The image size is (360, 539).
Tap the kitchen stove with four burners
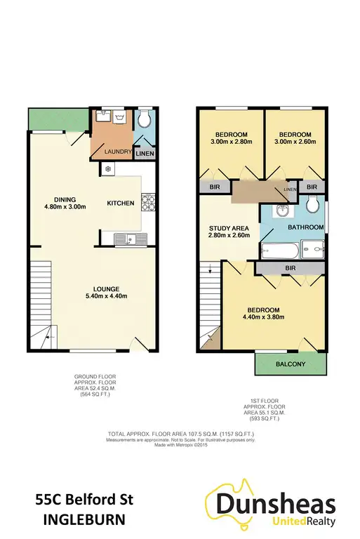(x=148, y=203)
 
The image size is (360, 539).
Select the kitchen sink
(x=129, y=239)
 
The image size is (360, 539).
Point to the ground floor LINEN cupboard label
(x=145, y=153)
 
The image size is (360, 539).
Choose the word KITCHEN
(x=120, y=203)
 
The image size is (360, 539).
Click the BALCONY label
(x=290, y=364)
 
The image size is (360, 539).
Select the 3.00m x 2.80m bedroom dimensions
(x=230, y=141)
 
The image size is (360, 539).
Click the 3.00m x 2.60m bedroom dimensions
(x=294, y=141)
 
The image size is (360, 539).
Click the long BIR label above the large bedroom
(x=289, y=268)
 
